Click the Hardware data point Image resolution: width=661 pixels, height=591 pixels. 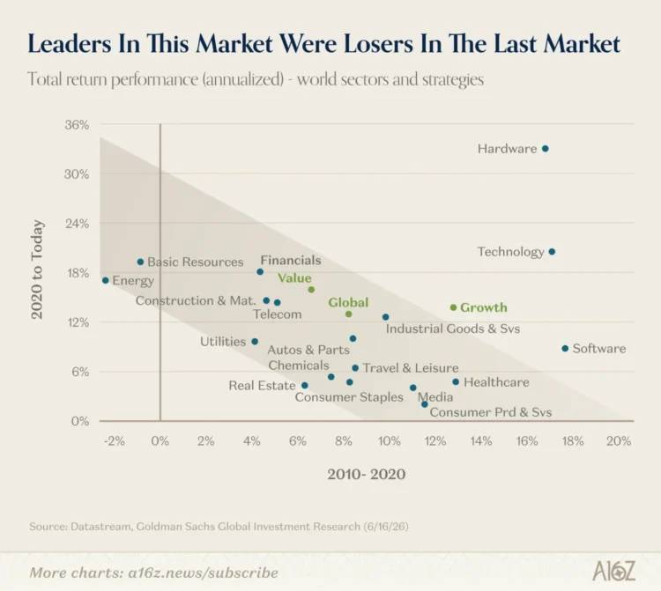545,149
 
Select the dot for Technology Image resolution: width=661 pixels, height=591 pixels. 552,252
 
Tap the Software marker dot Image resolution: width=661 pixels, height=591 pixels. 565,349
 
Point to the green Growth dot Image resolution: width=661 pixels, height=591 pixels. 453,307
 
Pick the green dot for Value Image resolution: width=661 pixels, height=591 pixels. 311,290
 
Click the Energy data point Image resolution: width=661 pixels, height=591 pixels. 106,281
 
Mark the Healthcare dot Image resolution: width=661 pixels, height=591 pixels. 456,382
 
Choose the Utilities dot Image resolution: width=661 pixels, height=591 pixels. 255,342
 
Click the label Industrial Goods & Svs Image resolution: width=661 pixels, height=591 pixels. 453,329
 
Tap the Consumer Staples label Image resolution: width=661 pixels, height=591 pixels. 349,397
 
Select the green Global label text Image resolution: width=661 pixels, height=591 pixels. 348,302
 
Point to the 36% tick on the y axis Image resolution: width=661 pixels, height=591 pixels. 77,125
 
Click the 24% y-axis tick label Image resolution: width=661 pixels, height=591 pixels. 77,224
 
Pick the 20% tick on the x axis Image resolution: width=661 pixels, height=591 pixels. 619,441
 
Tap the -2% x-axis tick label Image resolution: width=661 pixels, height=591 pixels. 114,441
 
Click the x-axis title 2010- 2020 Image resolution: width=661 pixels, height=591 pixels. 367,475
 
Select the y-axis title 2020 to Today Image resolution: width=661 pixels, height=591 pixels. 37,270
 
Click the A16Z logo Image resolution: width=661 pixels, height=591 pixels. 613,572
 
